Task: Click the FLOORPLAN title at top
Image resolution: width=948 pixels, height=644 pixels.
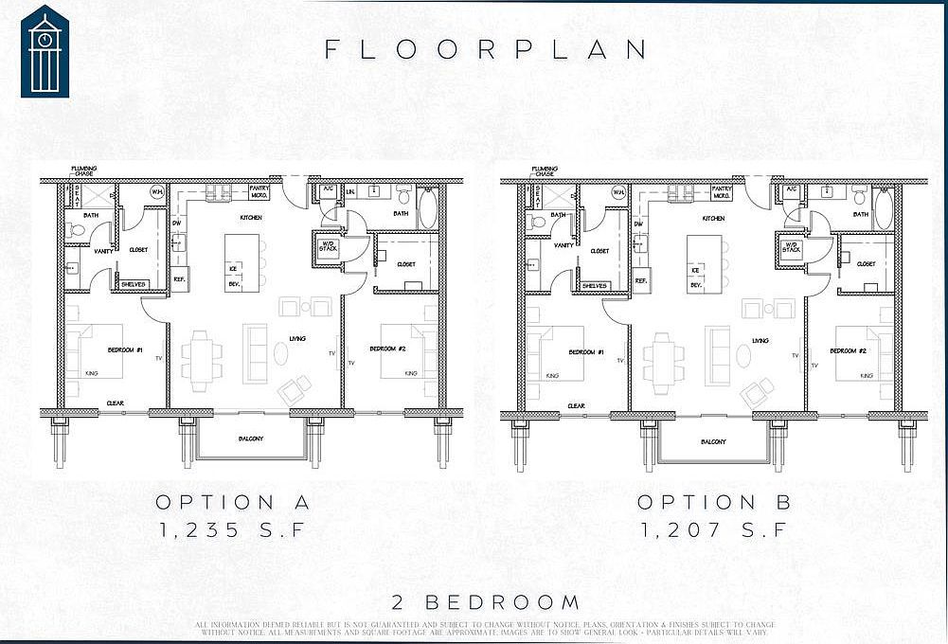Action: [x=487, y=49]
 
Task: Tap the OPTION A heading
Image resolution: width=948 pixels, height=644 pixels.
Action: [x=233, y=502]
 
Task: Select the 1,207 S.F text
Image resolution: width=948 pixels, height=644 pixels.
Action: [x=713, y=530]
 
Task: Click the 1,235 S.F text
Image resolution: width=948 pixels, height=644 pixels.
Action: [x=233, y=530]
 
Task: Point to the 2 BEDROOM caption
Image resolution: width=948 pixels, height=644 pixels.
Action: [x=486, y=602]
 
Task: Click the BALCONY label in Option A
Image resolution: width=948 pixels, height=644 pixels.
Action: [x=251, y=438]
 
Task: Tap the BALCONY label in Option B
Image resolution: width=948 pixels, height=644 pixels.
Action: [x=714, y=442]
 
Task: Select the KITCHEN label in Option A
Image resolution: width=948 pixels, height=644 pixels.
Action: [x=251, y=218]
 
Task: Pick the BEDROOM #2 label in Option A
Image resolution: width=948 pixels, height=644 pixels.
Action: [x=387, y=349]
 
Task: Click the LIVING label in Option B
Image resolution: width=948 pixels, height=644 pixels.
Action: [x=760, y=340]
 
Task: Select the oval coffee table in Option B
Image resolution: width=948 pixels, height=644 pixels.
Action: [x=743, y=354]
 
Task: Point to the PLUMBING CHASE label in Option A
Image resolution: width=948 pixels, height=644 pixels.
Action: [x=84, y=171]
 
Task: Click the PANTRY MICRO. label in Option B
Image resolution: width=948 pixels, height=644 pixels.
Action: [x=722, y=192]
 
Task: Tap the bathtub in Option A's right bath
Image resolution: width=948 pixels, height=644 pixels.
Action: [x=427, y=208]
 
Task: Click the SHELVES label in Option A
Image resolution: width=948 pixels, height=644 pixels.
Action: [x=132, y=283]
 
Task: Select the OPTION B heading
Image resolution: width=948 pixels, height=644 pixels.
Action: [x=713, y=502]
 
